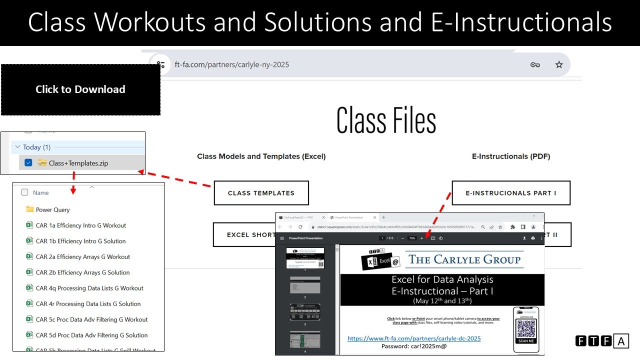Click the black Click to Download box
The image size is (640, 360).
click(x=80, y=89)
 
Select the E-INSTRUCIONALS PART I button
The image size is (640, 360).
click(x=510, y=193)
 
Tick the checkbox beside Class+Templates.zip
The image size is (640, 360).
click(x=28, y=162)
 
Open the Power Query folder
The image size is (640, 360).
click(x=52, y=209)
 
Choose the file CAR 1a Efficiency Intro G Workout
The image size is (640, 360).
click(x=80, y=225)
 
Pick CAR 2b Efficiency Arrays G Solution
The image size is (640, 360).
click(x=82, y=272)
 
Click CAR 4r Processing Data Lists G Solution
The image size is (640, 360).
click(x=88, y=304)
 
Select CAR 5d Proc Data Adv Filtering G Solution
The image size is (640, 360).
click(x=91, y=335)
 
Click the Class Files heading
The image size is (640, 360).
click(x=386, y=120)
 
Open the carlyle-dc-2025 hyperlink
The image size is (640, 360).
click(x=414, y=338)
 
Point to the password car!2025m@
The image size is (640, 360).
click(x=414, y=346)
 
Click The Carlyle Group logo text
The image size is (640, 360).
click(x=464, y=259)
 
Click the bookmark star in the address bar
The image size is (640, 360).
click(x=559, y=64)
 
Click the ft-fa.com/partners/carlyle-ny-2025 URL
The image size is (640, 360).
click(x=232, y=64)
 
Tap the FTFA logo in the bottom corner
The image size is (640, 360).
click(x=601, y=341)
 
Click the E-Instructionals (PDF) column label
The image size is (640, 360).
click(x=510, y=156)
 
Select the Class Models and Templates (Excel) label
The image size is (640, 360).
click(x=261, y=156)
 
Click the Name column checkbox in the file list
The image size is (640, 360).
click(x=24, y=192)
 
